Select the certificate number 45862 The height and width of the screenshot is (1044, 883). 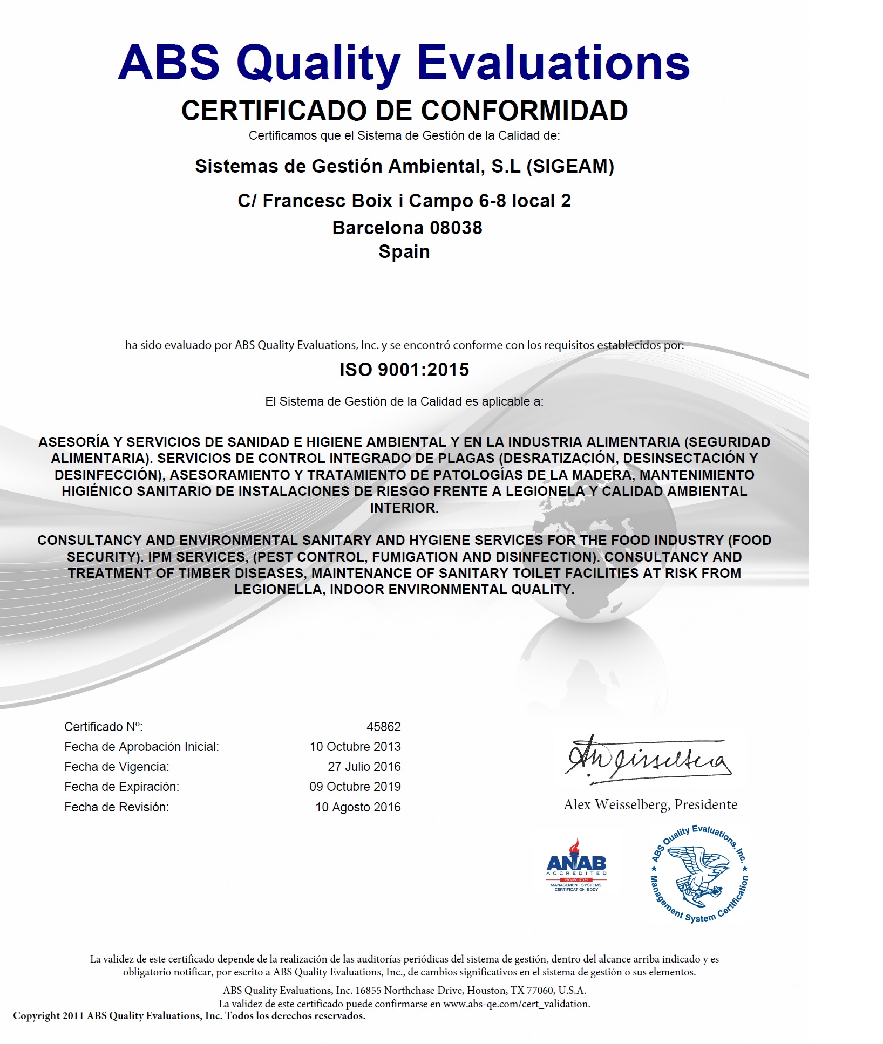(383, 727)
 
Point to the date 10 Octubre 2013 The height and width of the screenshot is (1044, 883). (355, 747)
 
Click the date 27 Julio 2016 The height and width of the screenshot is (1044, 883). (364, 767)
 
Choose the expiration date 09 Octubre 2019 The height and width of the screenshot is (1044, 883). (355, 787)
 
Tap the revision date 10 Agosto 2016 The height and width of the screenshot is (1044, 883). (358, 807)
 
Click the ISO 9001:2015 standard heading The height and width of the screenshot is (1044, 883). (404, 370)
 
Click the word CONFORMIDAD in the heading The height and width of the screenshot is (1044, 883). (524, 111)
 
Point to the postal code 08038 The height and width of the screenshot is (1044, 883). (456, 228)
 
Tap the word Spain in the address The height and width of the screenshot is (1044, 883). (404, 251)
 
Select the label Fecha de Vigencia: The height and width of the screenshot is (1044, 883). (117, 767)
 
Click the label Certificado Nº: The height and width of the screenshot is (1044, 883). (104, 727)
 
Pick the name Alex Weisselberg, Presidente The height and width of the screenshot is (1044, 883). (650, 804)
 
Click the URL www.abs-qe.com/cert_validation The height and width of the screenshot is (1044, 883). (516, 1004)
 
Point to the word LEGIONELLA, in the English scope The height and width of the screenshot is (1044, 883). (279, 589)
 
